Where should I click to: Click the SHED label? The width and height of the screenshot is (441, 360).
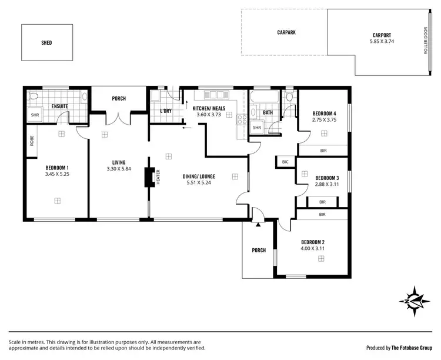(46, 43)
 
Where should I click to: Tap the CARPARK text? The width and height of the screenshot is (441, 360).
(286, 32)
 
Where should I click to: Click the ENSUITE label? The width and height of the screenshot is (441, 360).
(59, 106)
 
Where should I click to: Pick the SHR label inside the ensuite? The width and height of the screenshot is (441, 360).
(35, 115)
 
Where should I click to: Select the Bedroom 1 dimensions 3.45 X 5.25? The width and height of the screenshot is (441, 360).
(57, 174)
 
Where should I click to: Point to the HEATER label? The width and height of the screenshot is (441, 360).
(158, 178)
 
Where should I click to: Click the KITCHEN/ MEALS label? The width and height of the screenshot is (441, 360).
(209, 108)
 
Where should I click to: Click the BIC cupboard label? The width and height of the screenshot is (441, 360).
(285, 162)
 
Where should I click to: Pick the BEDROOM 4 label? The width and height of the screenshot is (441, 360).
(324, 113)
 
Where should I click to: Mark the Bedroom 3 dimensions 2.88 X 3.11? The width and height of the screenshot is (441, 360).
(327, 184)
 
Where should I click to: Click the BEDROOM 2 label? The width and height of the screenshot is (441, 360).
(313, 242)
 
